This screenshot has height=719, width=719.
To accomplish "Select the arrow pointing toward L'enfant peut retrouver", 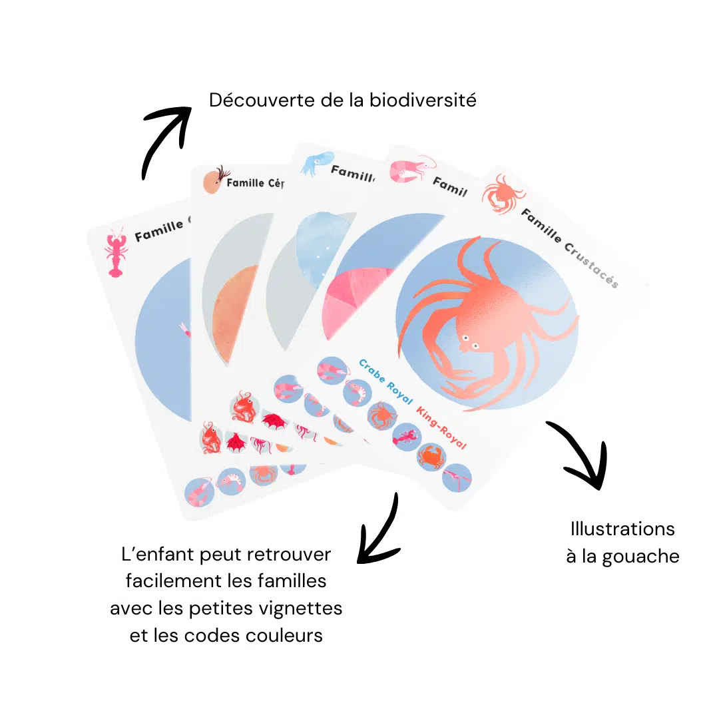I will tap(379, 529).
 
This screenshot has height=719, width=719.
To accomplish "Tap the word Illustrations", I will tap(622, 529).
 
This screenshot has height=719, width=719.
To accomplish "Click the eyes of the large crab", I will tap(470, 344).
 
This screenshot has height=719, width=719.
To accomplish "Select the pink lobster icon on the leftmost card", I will tap(115, 253).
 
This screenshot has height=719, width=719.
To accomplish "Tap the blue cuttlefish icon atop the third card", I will tap(311, 164).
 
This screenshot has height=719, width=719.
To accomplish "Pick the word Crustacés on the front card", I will tap(593, 266).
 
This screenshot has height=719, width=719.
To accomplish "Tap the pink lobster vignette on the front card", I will tap(405, 437).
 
